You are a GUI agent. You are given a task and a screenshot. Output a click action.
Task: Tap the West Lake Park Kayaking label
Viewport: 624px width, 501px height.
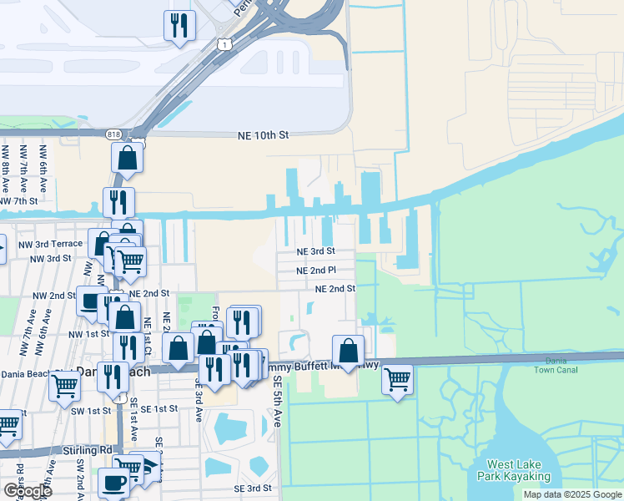pos(514,471)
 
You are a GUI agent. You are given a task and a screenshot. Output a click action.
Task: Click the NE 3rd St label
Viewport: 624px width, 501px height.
pos(315,250)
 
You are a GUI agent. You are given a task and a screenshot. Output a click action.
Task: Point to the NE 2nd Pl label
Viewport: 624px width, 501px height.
pos(316,270)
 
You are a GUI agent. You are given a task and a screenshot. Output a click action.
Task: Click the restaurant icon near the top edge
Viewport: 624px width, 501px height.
pos(178,25)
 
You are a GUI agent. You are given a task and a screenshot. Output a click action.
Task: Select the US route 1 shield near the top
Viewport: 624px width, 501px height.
pos(223,43)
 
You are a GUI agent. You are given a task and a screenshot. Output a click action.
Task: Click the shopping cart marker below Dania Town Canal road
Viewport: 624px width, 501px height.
pos(398,380)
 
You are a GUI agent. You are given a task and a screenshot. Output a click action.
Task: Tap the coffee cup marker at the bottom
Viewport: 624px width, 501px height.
pos(113,483)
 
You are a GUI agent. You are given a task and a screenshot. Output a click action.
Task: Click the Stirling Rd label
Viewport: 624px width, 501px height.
pos(87,450)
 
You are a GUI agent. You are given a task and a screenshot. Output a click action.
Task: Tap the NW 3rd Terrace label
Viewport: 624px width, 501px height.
pos(56,243)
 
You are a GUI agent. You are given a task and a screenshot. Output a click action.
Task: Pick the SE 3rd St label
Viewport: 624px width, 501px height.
pos(253,488)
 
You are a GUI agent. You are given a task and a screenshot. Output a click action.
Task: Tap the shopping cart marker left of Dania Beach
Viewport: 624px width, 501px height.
pos(64,386)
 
